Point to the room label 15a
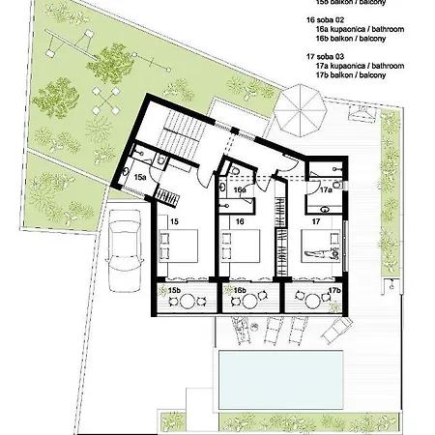139,178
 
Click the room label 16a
238,189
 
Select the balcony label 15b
175,290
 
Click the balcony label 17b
333,290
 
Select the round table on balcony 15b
187,301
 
